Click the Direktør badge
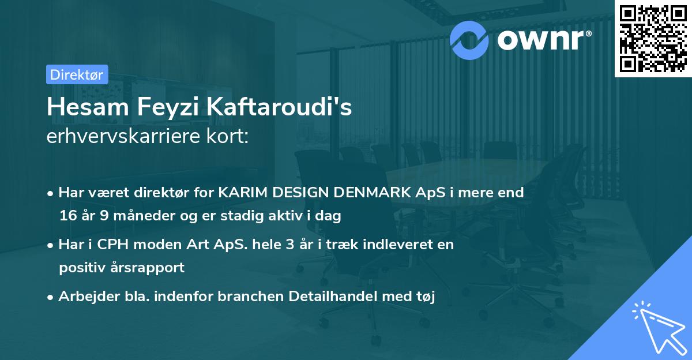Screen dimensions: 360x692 pos(77,74)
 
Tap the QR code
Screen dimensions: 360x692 pos(652,39)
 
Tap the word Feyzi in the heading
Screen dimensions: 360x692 pos(171,107)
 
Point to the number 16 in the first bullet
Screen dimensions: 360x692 pos(67,216)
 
